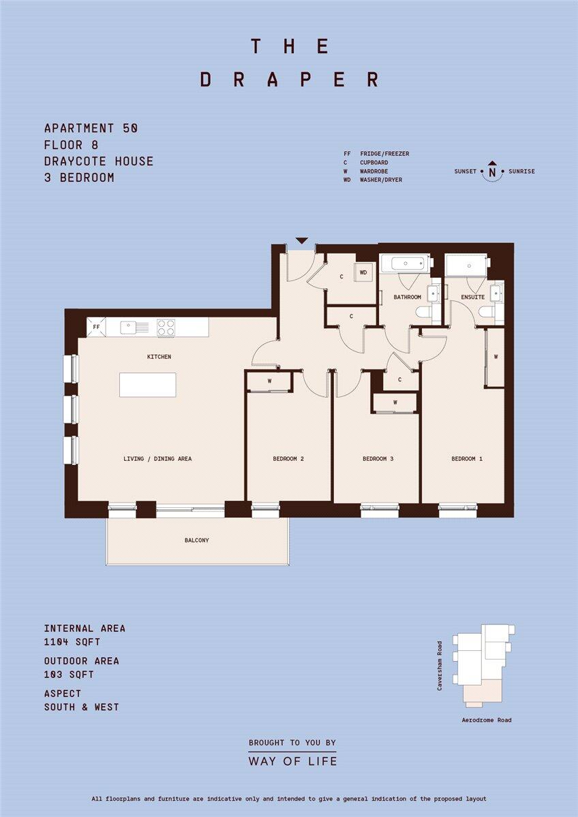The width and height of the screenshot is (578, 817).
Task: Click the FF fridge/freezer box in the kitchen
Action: coord(96,327)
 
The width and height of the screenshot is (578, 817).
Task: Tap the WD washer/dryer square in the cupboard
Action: coord(363,272)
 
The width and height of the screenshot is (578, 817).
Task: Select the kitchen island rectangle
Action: coord(147,385)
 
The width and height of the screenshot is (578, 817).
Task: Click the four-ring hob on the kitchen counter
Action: coord(166,327)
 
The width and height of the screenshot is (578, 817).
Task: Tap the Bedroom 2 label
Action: coord(288,458)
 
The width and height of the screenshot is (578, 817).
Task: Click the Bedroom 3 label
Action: coord(378,458)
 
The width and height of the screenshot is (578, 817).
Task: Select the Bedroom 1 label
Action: coord(467,458)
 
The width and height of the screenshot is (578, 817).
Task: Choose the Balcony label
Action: coord(197,540)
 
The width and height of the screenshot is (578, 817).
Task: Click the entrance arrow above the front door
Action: coord(302,240)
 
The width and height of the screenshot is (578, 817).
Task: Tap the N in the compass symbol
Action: coord(492,172)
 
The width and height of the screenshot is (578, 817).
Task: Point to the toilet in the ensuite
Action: coord(485,313)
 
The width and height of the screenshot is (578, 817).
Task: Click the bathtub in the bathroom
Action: coord(407,263)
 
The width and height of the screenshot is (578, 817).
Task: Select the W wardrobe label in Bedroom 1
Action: coord(496,357)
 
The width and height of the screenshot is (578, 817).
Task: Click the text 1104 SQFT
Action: coord(72,642)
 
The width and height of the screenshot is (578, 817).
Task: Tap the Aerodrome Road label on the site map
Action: coord(487,720)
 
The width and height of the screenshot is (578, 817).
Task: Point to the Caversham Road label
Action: coord(440,666)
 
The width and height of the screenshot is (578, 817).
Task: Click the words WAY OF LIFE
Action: coord(292,761)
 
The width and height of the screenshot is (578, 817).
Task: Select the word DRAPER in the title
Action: coord(290,79)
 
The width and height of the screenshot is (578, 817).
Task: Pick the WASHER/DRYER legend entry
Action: coord(381,180)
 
